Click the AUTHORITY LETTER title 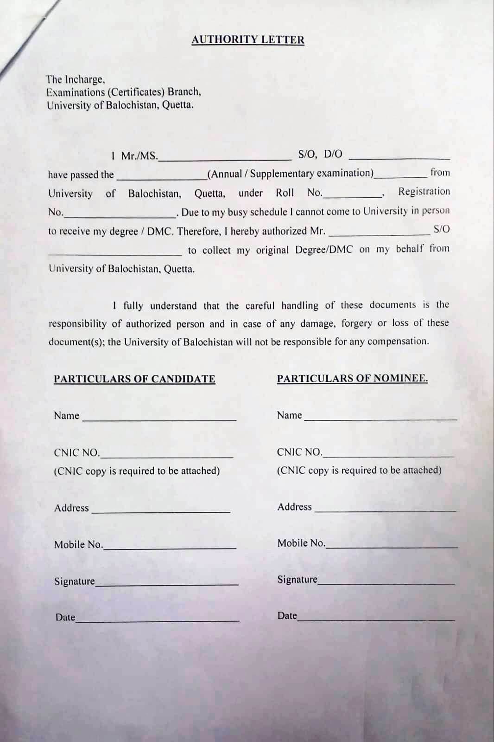coord(247,40)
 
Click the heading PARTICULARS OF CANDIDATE coord(134,379)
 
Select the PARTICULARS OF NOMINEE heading coord(352,379)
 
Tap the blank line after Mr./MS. coord(225,158)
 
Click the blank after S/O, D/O coord(399,157)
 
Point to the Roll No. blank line coord(352,195)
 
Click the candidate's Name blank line coord(159,418)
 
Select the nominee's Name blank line coord(380,417)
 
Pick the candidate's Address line coord(160,510)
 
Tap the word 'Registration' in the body coord(424,191)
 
